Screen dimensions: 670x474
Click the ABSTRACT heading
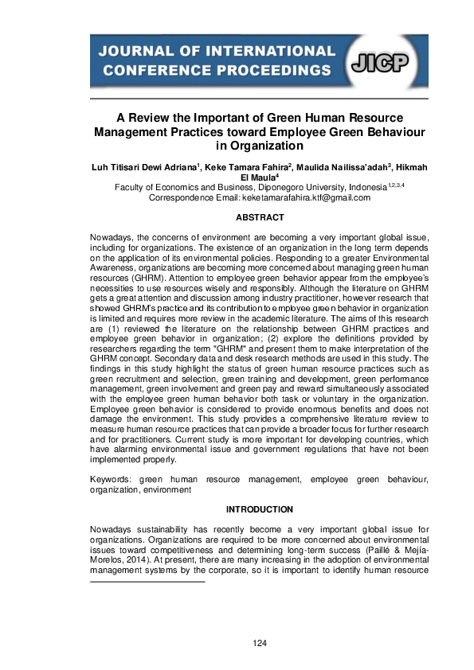(x=260, y=217)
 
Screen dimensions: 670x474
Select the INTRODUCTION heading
(x=260, y=509)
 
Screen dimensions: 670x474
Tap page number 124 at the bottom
(x=260, y=642)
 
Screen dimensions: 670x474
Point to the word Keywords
(x=113, y=481)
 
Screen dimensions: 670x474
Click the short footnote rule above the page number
(x=147, y=582)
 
